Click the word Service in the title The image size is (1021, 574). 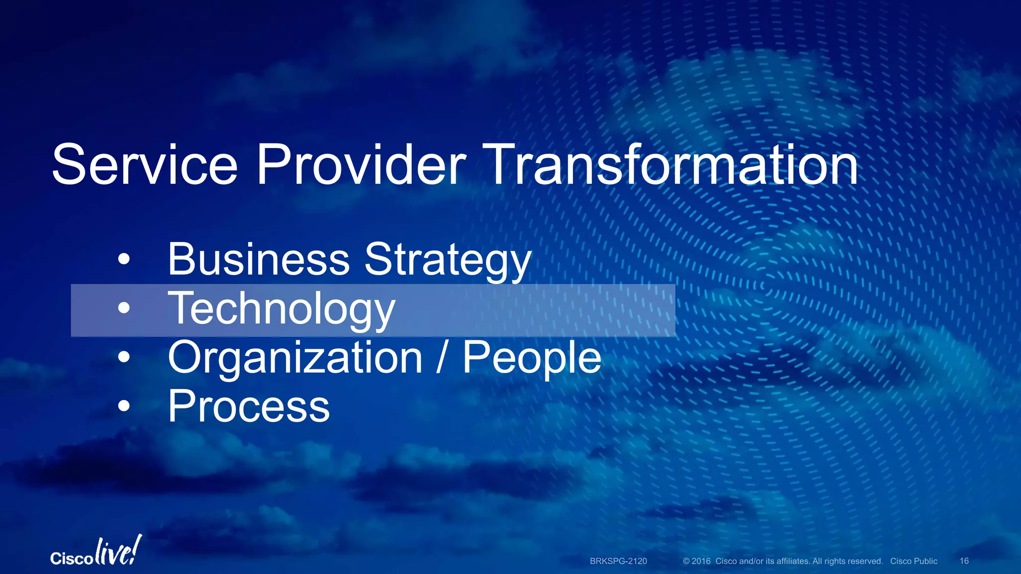[145, 165]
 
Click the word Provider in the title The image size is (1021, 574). [361, 165]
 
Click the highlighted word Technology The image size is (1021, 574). [282, 309]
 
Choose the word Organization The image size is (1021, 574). [295, 358]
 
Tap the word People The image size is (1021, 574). [532, 358]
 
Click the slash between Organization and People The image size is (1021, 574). [441, 357]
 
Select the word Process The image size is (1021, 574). [249, 407]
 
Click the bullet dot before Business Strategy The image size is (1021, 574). [124, 260]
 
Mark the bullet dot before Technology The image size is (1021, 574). [124, 308]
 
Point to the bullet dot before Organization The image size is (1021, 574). [124, 357]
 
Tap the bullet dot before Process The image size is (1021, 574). [124, 406]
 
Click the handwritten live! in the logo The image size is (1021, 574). [118, 552]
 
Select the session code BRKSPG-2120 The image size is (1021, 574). [618, 561]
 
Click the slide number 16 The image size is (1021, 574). [964, 561]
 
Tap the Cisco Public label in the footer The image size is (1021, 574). [913, 561]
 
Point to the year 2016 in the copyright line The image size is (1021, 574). [701, 561]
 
